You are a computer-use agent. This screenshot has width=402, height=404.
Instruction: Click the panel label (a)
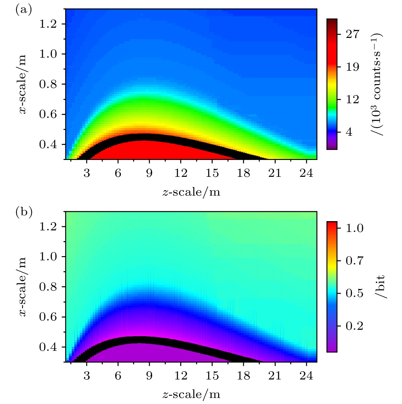click(24, 10)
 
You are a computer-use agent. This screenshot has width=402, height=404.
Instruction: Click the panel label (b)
click(24, 212)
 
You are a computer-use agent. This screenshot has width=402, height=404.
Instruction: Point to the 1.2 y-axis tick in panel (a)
click(48, 24)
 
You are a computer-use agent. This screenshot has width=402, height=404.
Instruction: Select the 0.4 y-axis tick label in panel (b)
click(48, 347)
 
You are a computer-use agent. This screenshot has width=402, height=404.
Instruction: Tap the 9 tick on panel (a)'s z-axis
click(149, 173)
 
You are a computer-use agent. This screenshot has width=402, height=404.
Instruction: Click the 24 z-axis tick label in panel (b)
click(306, 376)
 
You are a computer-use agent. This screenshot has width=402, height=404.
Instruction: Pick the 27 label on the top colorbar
click(353, 34)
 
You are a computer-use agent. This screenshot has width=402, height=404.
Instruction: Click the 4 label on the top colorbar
click(349, 132)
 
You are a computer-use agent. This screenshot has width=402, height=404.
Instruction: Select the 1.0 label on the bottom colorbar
click(354, 228)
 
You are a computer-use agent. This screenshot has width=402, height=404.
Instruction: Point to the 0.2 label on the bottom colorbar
click(354, 326)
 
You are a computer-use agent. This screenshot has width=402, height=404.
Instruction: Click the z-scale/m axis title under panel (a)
click(191, 192)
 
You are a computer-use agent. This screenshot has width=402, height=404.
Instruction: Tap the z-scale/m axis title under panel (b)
click(191, 395)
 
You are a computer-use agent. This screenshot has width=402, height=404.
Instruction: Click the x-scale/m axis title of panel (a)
click(23, 84)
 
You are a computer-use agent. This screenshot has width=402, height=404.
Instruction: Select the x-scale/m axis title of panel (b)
click(23, 287)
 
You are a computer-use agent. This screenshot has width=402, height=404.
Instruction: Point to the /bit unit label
click(380, 286)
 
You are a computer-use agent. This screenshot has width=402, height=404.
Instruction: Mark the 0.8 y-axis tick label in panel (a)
click(48, 84)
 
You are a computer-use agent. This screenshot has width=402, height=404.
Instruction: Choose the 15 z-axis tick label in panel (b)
click(212, 376)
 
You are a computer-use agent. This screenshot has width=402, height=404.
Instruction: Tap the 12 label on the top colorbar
click(353, 99)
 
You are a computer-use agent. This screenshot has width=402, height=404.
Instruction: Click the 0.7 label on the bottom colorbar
click(354, 261)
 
